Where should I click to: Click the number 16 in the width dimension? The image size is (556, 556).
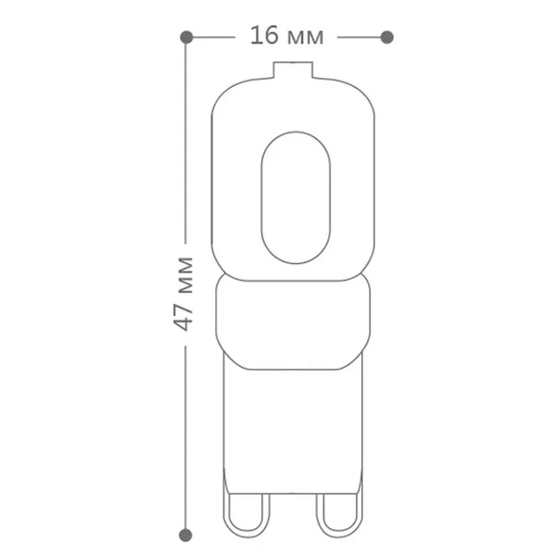[x=264, y=35]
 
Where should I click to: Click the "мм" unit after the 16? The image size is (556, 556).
[x=305, y=38]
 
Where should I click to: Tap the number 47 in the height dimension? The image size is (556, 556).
[x=184, y=317]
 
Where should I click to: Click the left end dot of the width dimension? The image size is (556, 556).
[x=186, y=37]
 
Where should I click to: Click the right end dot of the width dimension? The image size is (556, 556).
[x=386, y=37]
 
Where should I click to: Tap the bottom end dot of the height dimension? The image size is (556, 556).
[x=185, y=535]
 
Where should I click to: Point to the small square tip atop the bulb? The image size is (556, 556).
[x=293, y=69]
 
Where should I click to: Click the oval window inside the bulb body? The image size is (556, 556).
[x=296, y=197]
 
